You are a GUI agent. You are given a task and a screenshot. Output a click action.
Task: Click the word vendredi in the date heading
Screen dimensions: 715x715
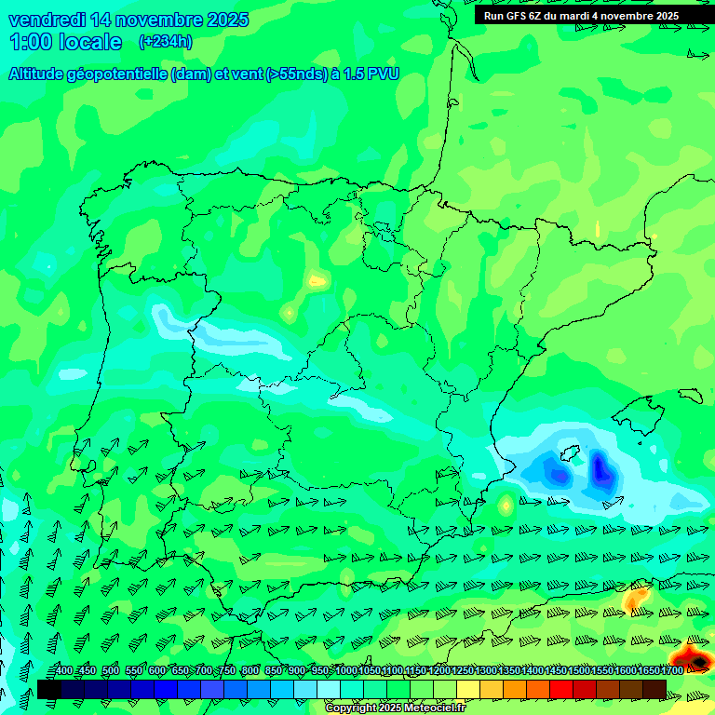click(x=47, y=20)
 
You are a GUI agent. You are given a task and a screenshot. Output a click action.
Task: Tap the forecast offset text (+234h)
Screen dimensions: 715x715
click(x=165, y=41)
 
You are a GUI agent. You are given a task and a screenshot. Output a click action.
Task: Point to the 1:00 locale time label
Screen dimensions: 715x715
click(x=66, y=42)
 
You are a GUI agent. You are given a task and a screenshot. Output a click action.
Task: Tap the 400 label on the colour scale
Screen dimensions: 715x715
click(x=63, y=671)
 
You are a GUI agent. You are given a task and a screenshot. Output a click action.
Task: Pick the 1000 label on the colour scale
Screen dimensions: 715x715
click(x=345, y=671)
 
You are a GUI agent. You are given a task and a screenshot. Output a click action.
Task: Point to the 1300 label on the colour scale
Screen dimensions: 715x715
click(x=485, y=671)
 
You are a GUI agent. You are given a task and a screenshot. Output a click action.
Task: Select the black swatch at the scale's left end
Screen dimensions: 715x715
click(x=49, y=689)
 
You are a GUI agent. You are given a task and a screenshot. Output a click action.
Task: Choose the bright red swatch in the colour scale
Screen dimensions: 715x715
click(x=561, y=689)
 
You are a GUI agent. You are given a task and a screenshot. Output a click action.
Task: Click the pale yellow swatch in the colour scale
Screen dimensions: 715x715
click(x=468, y=689)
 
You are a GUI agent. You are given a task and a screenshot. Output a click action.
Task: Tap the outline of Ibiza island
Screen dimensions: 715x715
click(x=561, y=476)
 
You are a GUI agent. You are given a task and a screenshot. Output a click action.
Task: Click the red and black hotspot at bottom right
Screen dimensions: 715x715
click(x=694, y=659)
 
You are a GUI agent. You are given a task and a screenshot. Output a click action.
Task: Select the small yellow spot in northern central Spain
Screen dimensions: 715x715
click(x=317, y=279)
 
